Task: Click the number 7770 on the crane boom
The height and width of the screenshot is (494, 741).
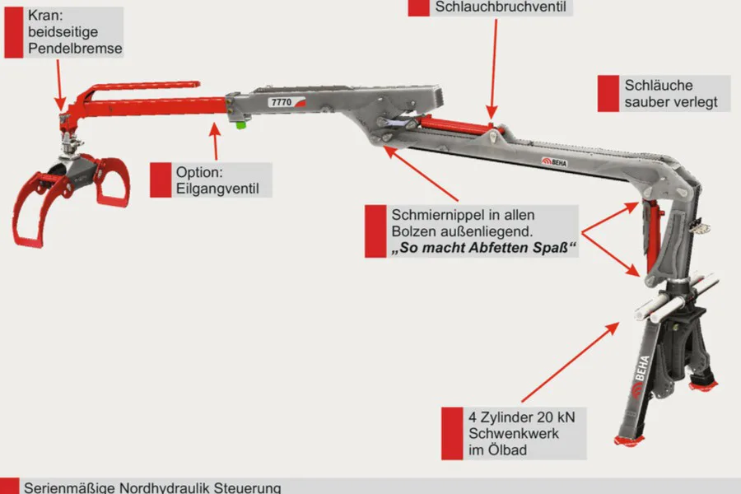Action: pos(280,102)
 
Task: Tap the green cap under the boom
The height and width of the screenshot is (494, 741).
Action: pos(240,124)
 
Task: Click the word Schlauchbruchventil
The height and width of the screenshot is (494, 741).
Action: pos(492,7)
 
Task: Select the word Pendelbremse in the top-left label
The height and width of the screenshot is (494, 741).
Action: pos(75,49)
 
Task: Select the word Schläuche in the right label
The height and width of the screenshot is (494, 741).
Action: pos(659,86)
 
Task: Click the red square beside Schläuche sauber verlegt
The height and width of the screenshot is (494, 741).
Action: pos(608,94)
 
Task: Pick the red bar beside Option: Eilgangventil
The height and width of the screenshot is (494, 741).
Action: pos(160,179)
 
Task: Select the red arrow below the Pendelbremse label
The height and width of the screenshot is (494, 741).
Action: pos(58,82)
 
